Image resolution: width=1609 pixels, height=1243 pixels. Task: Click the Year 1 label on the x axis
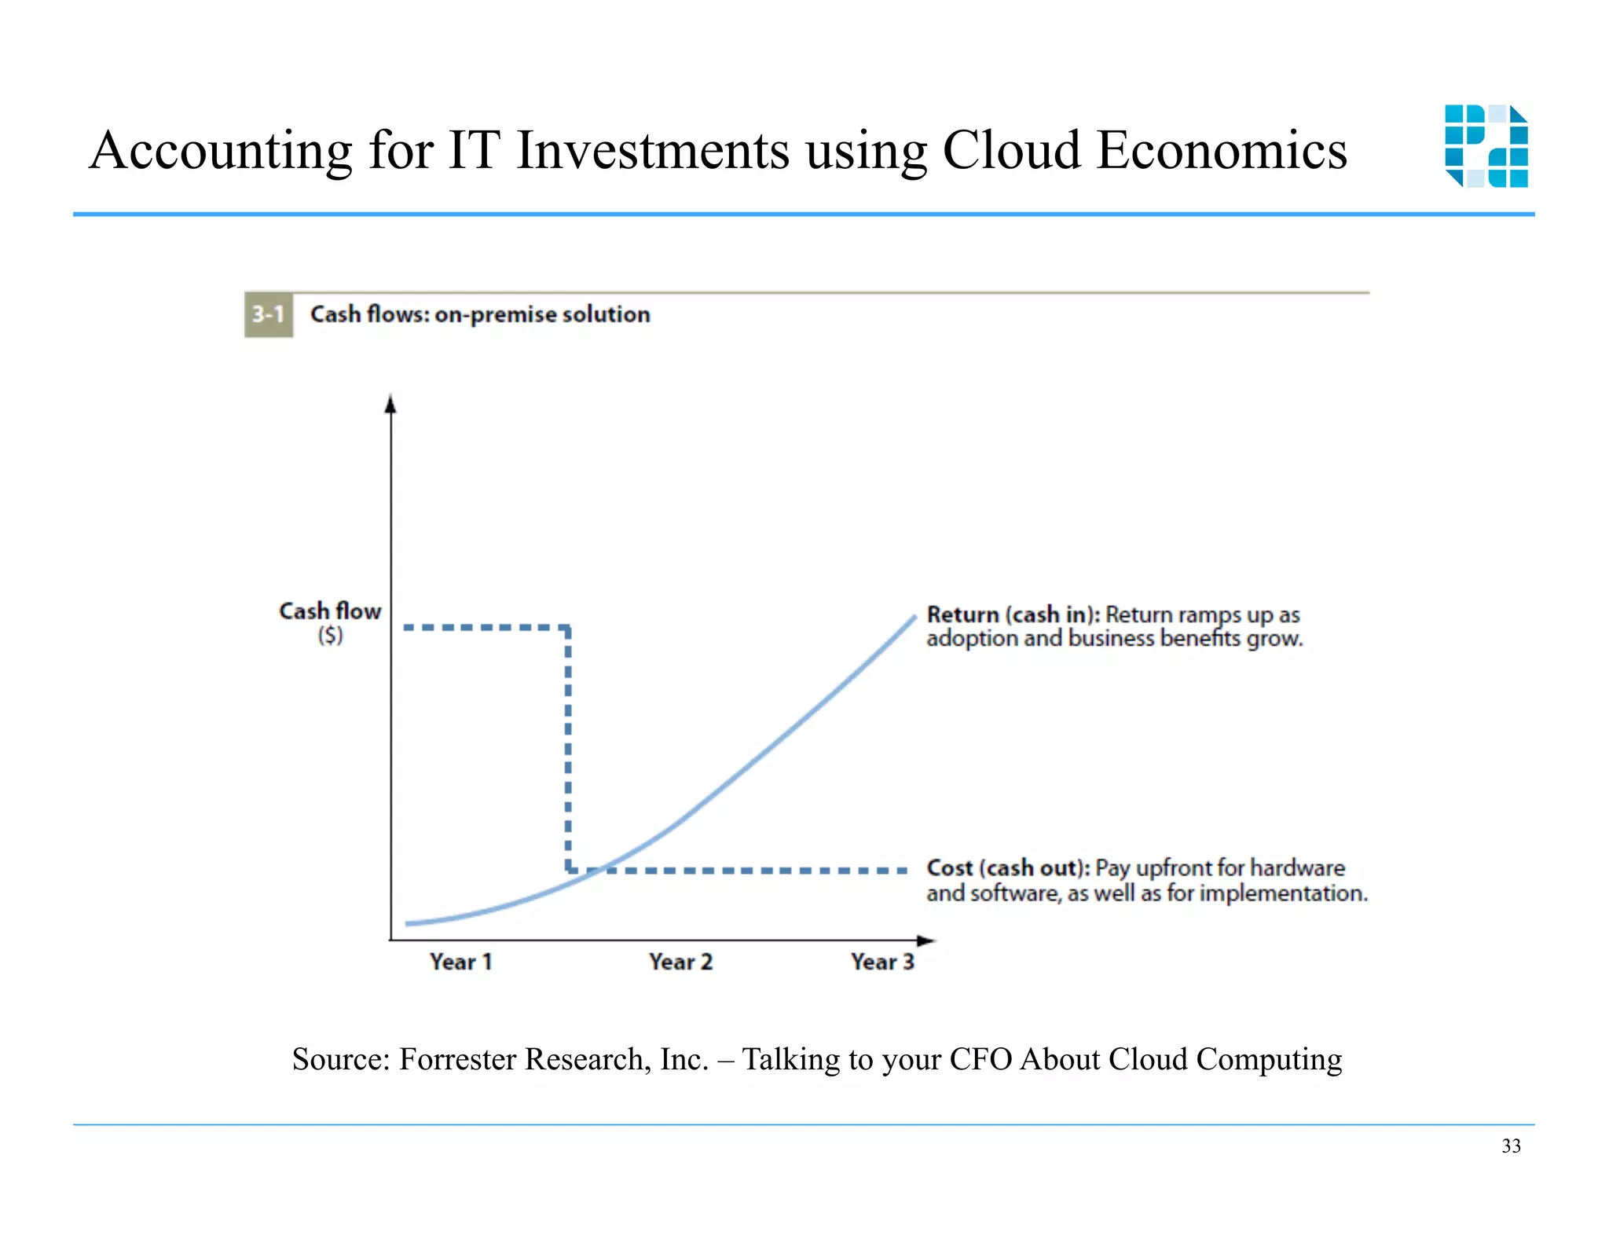coord(461,962)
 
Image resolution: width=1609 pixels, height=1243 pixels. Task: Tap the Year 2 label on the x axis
coord(680,962)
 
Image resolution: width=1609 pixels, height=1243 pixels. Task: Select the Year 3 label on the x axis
coord(882,962)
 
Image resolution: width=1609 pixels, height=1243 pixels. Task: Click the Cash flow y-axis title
coord(330,611)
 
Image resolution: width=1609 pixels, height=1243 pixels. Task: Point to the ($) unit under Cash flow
coord(330,635)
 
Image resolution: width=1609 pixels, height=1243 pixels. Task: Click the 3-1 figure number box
coord(268,315)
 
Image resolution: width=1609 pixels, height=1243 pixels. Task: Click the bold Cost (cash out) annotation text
coord(1008,868)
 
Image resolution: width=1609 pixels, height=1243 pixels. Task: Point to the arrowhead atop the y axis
coord(390,404)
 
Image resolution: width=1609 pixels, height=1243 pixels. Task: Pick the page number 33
coord(1511,1146)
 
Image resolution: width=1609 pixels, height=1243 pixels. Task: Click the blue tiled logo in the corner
coord(1486,146)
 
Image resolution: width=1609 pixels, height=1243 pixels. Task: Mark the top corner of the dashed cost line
coord(568,628)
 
